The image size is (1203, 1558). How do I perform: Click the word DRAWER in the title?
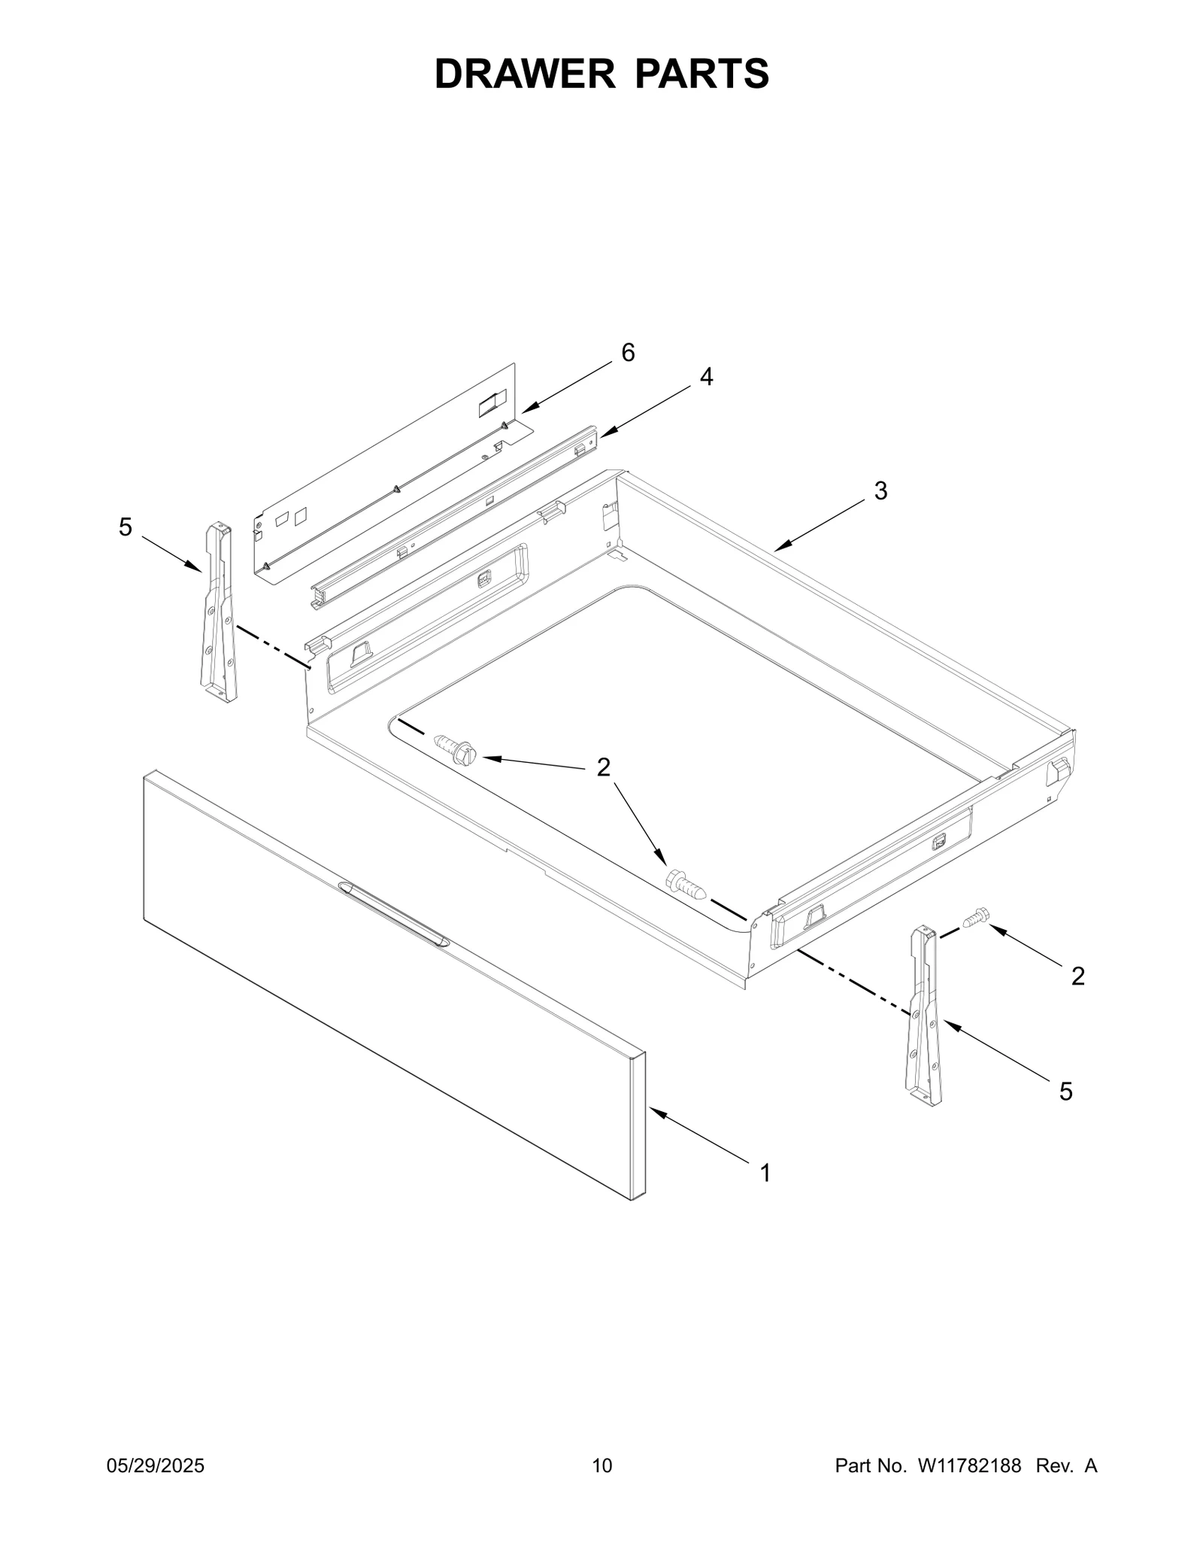click(526, 74)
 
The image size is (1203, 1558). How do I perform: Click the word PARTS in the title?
click(702, 74)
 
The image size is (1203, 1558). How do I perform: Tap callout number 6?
click(628, 352)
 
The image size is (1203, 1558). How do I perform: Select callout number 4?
click(706, 377)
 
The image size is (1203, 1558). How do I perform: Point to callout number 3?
click(880, 490)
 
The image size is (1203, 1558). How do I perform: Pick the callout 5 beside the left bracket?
click(126, 527)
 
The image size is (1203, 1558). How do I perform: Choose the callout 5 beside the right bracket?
click(1066, 1091)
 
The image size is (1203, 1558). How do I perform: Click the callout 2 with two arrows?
click(604, 767)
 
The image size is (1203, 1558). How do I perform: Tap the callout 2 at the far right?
click(1077, 976)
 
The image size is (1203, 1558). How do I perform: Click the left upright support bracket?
click(218, 613)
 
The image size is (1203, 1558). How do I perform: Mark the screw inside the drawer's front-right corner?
click(684, 882)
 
